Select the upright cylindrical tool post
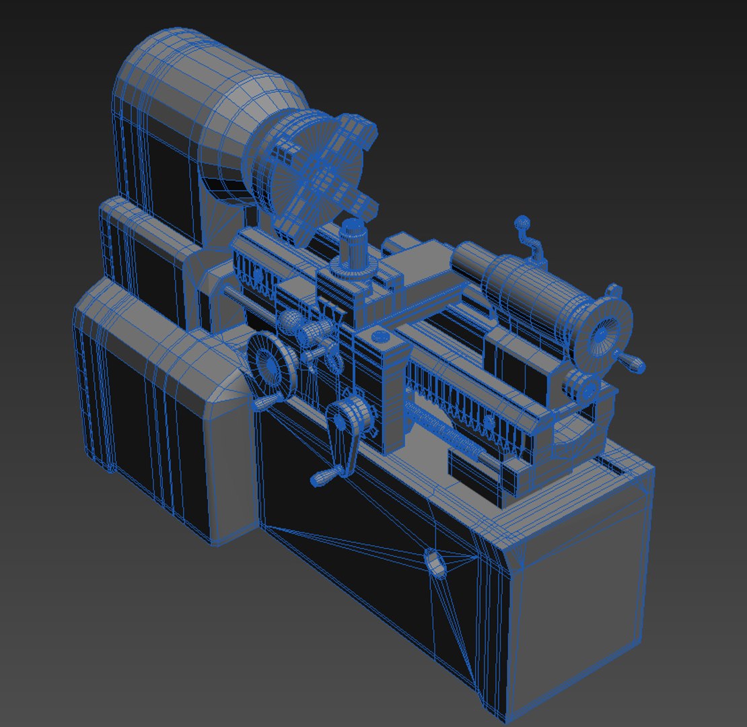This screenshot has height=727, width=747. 352,246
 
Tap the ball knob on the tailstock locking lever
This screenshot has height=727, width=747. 521,222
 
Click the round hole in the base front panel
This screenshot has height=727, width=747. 436,562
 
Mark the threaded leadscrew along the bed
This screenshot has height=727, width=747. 444,434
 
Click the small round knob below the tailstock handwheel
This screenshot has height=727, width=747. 583,388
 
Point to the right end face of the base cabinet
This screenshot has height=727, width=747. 579,592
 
